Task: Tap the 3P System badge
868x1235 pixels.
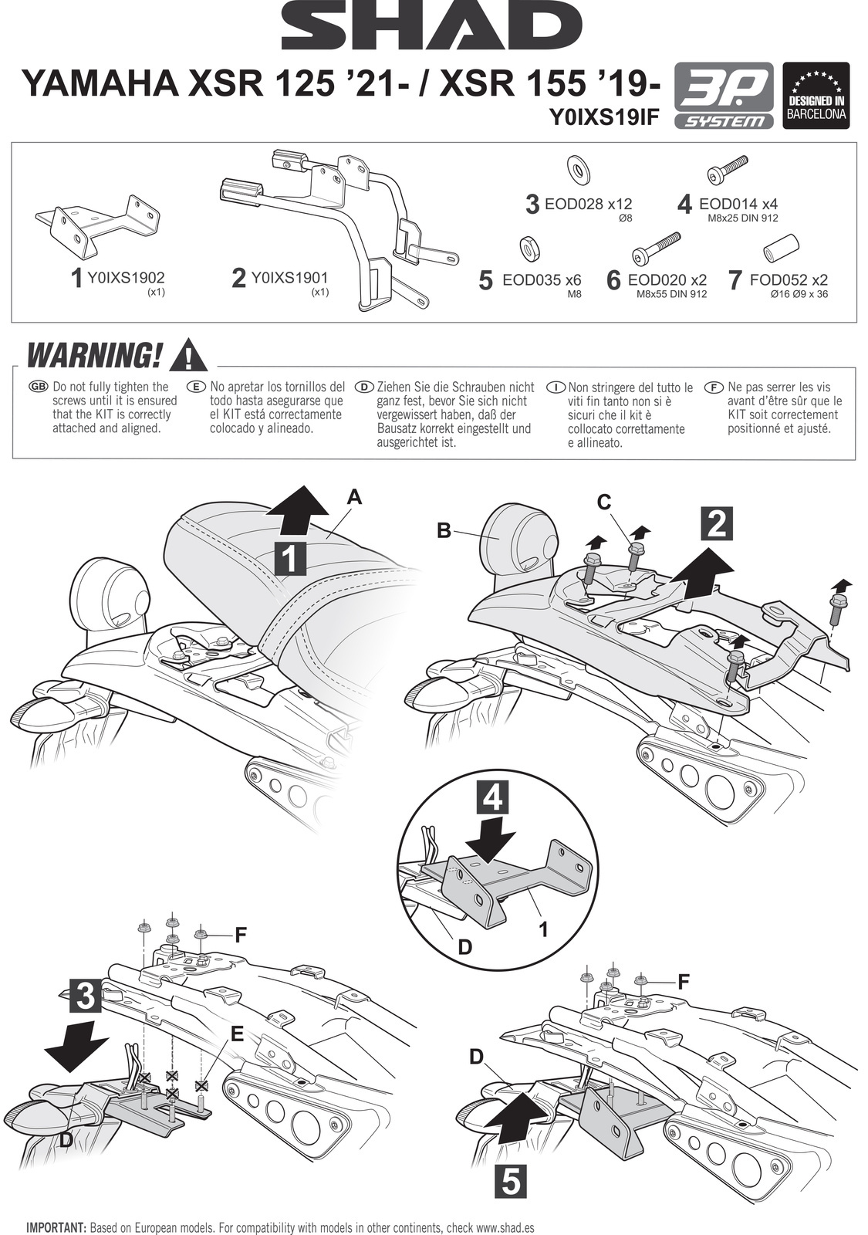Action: pos(724,96)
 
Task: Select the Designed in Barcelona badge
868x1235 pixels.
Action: pos(816,96)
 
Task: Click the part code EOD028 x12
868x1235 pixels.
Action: pos(588,205)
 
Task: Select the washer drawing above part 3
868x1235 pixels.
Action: pos(575,167)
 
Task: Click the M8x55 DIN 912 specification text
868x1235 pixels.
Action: pos(671,294)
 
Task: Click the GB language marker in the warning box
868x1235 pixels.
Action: pos(37,386)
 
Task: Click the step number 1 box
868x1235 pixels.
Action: pos(289,558)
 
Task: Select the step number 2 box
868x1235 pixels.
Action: pos(717,524)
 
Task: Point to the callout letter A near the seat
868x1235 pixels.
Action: pos(354,498)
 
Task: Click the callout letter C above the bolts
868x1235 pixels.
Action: pos(604,502)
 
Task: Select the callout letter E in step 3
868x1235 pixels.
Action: pos(237,1034)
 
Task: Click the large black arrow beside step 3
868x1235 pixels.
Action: pos(75,1046)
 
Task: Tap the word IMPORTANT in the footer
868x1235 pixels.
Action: pos(56,1227)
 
